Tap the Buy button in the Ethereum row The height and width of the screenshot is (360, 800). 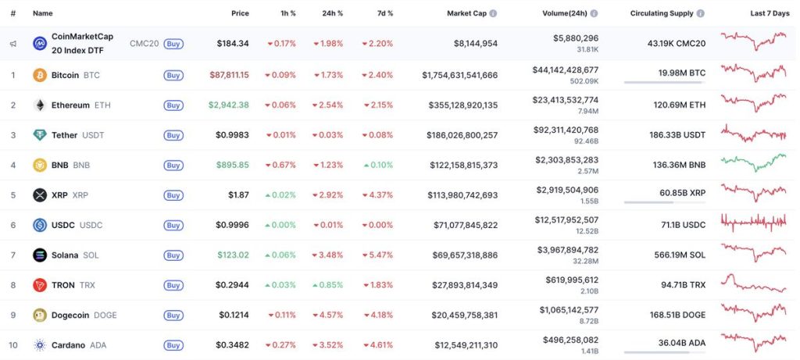coord(173,105)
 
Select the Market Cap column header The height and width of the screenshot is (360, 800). coord(466,13)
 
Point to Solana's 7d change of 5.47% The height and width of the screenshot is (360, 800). coord(377,255)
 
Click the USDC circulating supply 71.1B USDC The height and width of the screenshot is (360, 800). coord(683,225)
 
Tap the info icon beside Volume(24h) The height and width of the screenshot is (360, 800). coord(595,13)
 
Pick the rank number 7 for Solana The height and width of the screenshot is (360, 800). coord(12,255)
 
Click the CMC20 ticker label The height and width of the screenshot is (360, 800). coord(144,44)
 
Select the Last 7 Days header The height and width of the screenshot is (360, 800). coord(769,13)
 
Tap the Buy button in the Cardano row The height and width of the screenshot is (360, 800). coord(173,345)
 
